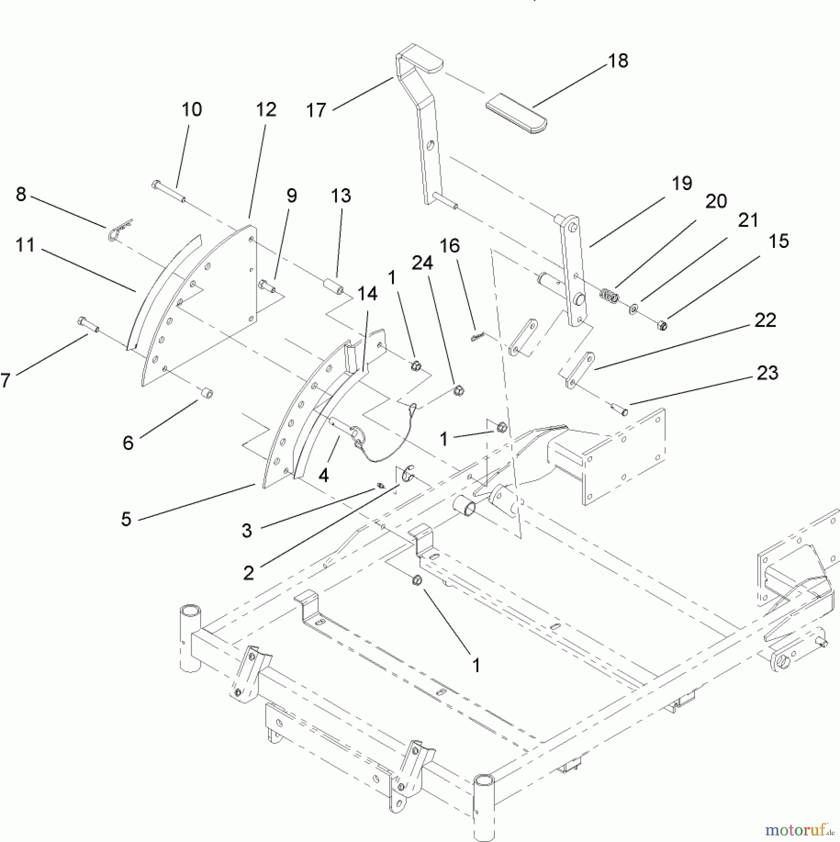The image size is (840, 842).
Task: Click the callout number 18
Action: [618, 61]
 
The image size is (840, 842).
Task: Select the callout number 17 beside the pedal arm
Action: [316, 111]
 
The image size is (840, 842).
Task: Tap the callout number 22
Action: [765, 320]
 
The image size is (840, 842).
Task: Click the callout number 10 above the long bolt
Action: [191, 109]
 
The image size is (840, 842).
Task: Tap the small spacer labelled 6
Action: [206, 393]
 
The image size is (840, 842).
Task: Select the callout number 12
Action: [266, 109]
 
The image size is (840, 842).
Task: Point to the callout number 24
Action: [422, 263]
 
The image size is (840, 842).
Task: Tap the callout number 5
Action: [126, 519]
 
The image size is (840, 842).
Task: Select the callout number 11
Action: [25, 245]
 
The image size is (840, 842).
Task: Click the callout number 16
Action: [449, 246]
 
